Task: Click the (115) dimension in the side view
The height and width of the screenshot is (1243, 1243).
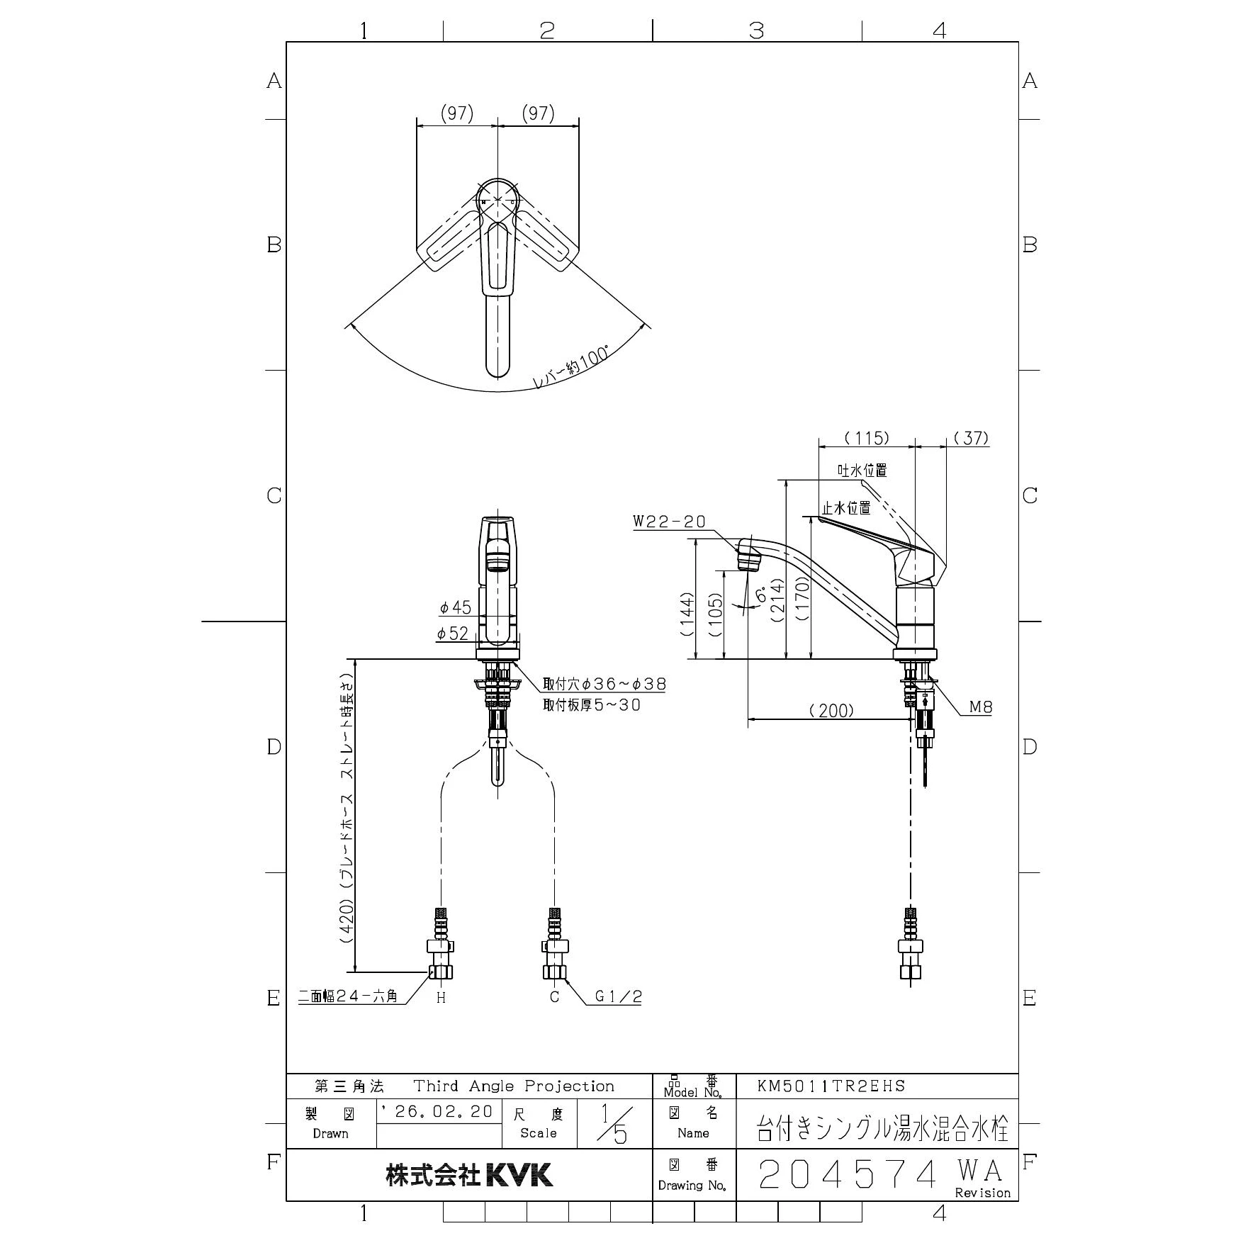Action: [867, 438]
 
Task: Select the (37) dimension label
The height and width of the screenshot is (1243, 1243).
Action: [970, 438]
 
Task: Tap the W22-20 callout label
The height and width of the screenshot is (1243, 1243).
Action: [669, 522]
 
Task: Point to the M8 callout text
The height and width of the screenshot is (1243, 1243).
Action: [981, 707]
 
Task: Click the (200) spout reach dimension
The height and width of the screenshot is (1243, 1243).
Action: [831, 711]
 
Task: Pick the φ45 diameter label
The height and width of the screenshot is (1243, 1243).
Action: [455, 607]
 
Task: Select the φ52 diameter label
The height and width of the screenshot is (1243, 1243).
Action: [453, 634]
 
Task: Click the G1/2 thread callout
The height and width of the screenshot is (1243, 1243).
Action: [618, 996]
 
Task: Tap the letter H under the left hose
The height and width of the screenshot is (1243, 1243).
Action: [441, 998]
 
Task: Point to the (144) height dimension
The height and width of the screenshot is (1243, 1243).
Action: [686, 615]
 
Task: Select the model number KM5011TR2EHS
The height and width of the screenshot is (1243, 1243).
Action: [831, 1086]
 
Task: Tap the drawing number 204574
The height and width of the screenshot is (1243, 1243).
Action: [848, 1175]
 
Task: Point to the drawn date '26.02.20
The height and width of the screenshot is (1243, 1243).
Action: [437, 1111]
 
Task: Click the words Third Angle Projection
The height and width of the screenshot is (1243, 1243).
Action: [514, 1086]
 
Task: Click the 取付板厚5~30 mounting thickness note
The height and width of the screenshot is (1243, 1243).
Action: [592, 705]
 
